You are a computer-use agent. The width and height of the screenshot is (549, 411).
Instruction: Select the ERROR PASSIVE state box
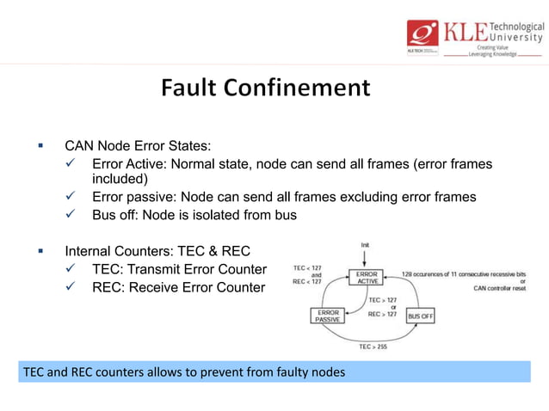328,315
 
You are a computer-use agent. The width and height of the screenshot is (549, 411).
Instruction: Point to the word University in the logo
515,37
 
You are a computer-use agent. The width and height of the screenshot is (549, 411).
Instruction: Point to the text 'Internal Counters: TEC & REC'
157,251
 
